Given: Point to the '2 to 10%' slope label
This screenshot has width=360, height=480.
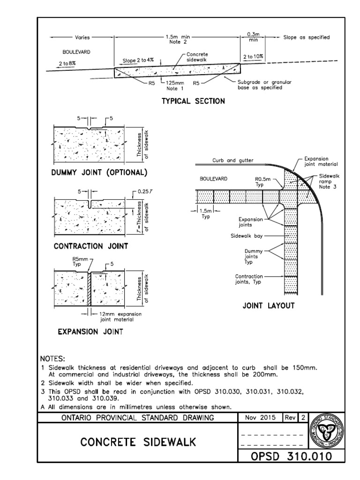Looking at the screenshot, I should (253, 56).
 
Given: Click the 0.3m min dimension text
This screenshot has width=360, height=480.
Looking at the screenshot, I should (253, 37).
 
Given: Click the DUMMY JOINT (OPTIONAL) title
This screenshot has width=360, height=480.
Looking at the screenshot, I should (99, 172).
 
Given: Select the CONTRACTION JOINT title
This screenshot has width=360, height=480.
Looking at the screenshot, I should (91, 246).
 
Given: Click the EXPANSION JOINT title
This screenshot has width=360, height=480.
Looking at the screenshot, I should (90, 332).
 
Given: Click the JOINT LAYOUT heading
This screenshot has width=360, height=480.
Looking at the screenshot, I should (268, 306).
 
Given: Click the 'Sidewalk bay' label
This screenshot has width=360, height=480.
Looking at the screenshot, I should (246, 236).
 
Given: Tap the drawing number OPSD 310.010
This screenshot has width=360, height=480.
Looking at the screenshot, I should (292, 456).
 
